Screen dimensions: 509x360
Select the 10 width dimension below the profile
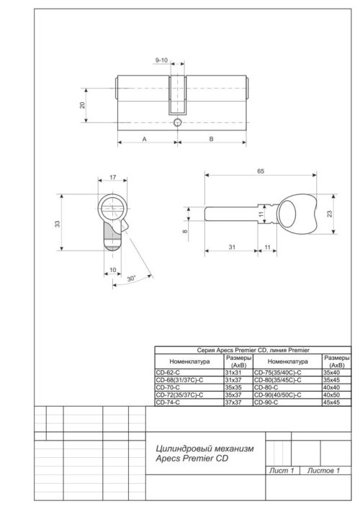112,270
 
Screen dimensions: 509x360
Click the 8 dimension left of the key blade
184,231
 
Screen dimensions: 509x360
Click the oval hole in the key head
292,212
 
